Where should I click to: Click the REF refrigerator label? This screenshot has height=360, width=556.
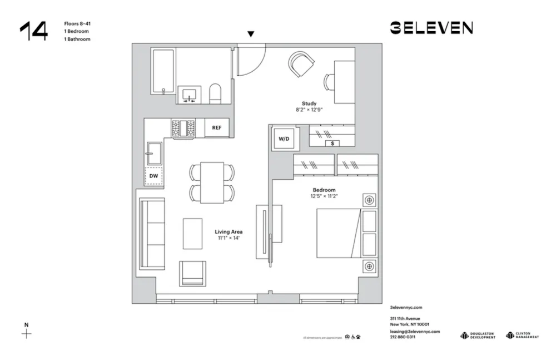216,128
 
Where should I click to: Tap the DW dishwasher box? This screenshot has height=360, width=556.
153,176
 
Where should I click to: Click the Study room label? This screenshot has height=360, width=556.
309,103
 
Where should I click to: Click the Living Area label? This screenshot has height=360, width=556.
229,231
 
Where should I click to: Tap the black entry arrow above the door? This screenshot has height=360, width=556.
251,34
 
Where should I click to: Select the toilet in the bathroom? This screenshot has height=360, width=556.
215,94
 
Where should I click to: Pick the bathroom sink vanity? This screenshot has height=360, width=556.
190,95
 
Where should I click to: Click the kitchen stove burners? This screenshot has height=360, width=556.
183,129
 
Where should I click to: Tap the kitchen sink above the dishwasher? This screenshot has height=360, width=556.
154,153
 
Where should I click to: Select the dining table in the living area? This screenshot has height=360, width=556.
212,183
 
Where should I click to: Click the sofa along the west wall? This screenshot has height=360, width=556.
152,234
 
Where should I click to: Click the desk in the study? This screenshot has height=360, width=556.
344,81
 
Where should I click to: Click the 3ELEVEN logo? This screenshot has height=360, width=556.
431,28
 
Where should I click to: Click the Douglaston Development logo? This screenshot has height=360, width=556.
478,336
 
